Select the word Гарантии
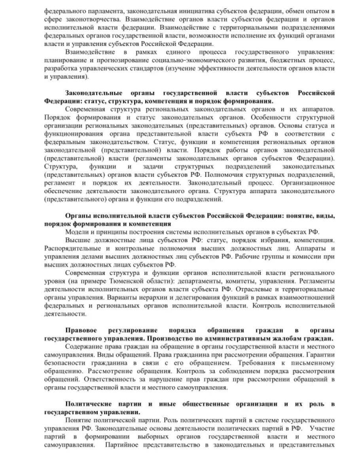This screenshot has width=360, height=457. click(321, 356)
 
